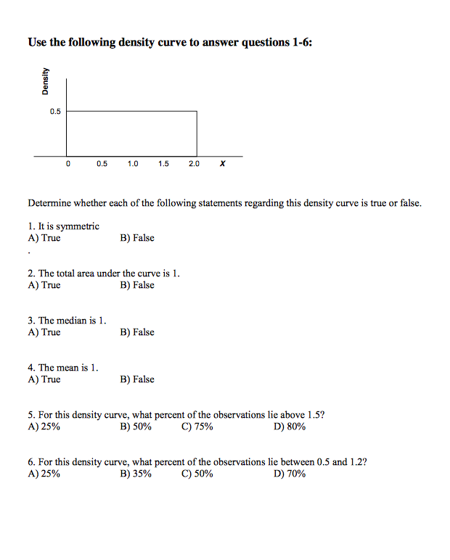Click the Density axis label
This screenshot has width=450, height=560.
[46, 81]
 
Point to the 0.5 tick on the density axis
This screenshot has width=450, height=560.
[56, 112]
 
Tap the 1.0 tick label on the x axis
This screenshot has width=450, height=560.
[132, 164]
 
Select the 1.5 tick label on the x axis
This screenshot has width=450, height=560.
[163, 164]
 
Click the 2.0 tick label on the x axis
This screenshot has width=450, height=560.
[194, 164]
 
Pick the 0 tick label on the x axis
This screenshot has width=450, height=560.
[68, 164]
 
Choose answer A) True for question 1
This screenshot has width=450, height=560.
[44, 238]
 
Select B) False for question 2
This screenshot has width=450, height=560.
[137, 285]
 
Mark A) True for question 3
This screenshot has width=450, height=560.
[44, 332]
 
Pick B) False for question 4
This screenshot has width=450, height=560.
[137, 379]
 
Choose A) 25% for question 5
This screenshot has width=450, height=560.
[44, 427]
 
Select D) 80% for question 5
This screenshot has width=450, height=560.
[290, 427]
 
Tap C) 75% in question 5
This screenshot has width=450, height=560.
[197, 427]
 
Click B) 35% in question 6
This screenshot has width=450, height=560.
[136, 474]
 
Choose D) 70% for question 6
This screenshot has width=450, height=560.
[290, 474]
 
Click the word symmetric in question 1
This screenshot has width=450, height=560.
[78, 226]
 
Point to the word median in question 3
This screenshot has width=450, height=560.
[75, 321]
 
